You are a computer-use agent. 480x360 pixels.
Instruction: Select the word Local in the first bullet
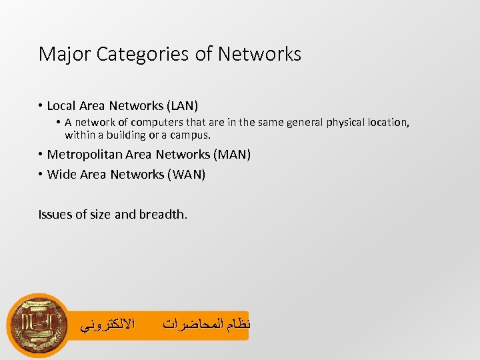coord(61,105)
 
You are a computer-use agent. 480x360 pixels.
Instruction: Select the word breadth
coord(163,214)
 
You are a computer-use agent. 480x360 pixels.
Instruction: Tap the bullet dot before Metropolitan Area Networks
coord(41,155)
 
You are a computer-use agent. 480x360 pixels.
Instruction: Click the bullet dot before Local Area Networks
coord(41,105)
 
